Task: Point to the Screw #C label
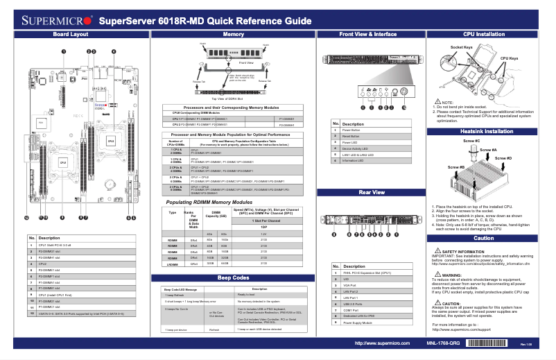[x=471, y=142]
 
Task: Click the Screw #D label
[x=504, y=159]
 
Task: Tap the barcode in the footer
[x=489, y=343]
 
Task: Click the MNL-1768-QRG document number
[x=443, y=343]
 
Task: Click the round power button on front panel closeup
[x=394, y=91]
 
